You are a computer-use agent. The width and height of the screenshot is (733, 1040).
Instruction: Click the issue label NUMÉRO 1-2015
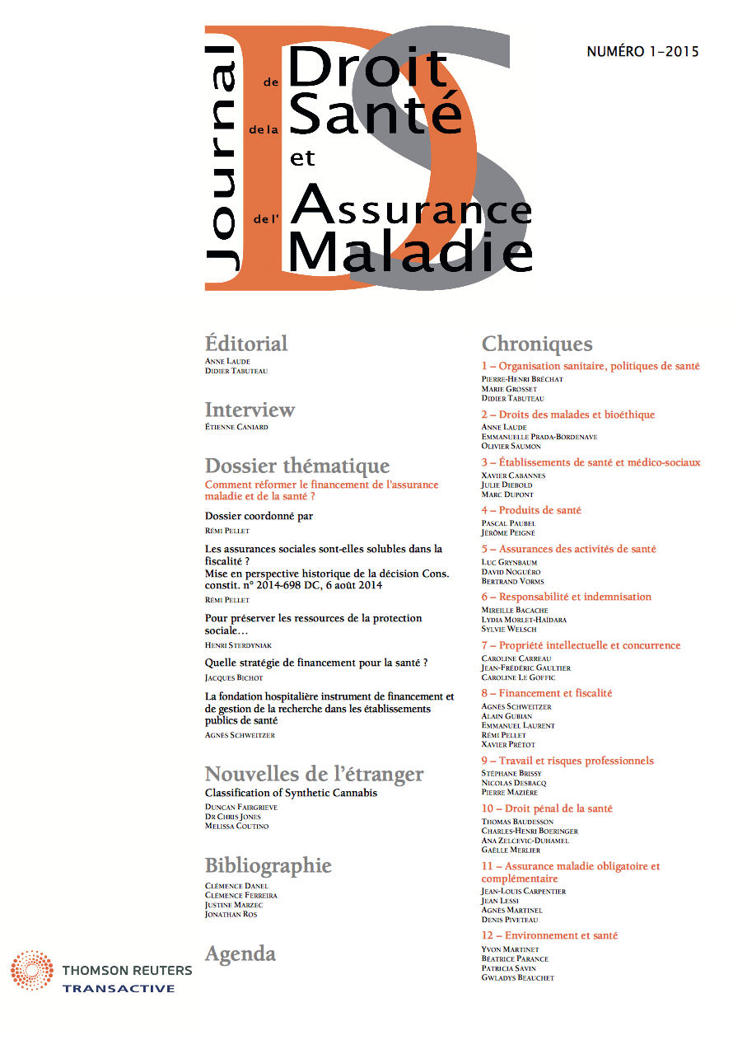642,52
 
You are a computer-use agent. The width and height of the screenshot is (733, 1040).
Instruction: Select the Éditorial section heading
245,344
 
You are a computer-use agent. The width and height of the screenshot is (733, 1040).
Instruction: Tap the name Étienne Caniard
236,427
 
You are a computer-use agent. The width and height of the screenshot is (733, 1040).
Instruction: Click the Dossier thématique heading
296,466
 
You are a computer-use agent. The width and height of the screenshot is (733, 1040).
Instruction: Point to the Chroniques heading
536,344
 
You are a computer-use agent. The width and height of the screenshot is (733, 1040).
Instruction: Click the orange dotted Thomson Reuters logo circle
32,970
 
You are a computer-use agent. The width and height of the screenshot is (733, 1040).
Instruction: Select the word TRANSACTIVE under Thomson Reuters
119,988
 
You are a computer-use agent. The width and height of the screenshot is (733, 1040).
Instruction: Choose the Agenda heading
240,954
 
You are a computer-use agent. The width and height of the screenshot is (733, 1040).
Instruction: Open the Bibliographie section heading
268,866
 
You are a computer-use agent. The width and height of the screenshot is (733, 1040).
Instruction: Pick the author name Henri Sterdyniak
239,644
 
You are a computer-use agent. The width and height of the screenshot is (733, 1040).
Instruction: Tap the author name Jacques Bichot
234,677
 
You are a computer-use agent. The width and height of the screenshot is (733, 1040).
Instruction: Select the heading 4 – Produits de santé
531,510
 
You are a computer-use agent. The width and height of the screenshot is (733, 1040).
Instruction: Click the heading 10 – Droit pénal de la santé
547,808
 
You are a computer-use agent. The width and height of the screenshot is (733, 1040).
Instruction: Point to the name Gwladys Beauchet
518,977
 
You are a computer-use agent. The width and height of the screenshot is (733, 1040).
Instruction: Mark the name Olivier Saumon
511,446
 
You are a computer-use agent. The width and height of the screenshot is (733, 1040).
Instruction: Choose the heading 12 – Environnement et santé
549,935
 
